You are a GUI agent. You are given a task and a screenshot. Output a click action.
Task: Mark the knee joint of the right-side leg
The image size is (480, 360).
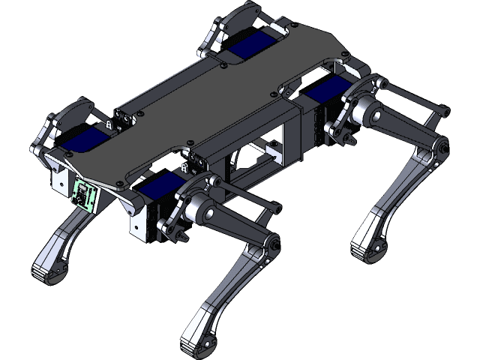pyautogui.click(x=433, y=154)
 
